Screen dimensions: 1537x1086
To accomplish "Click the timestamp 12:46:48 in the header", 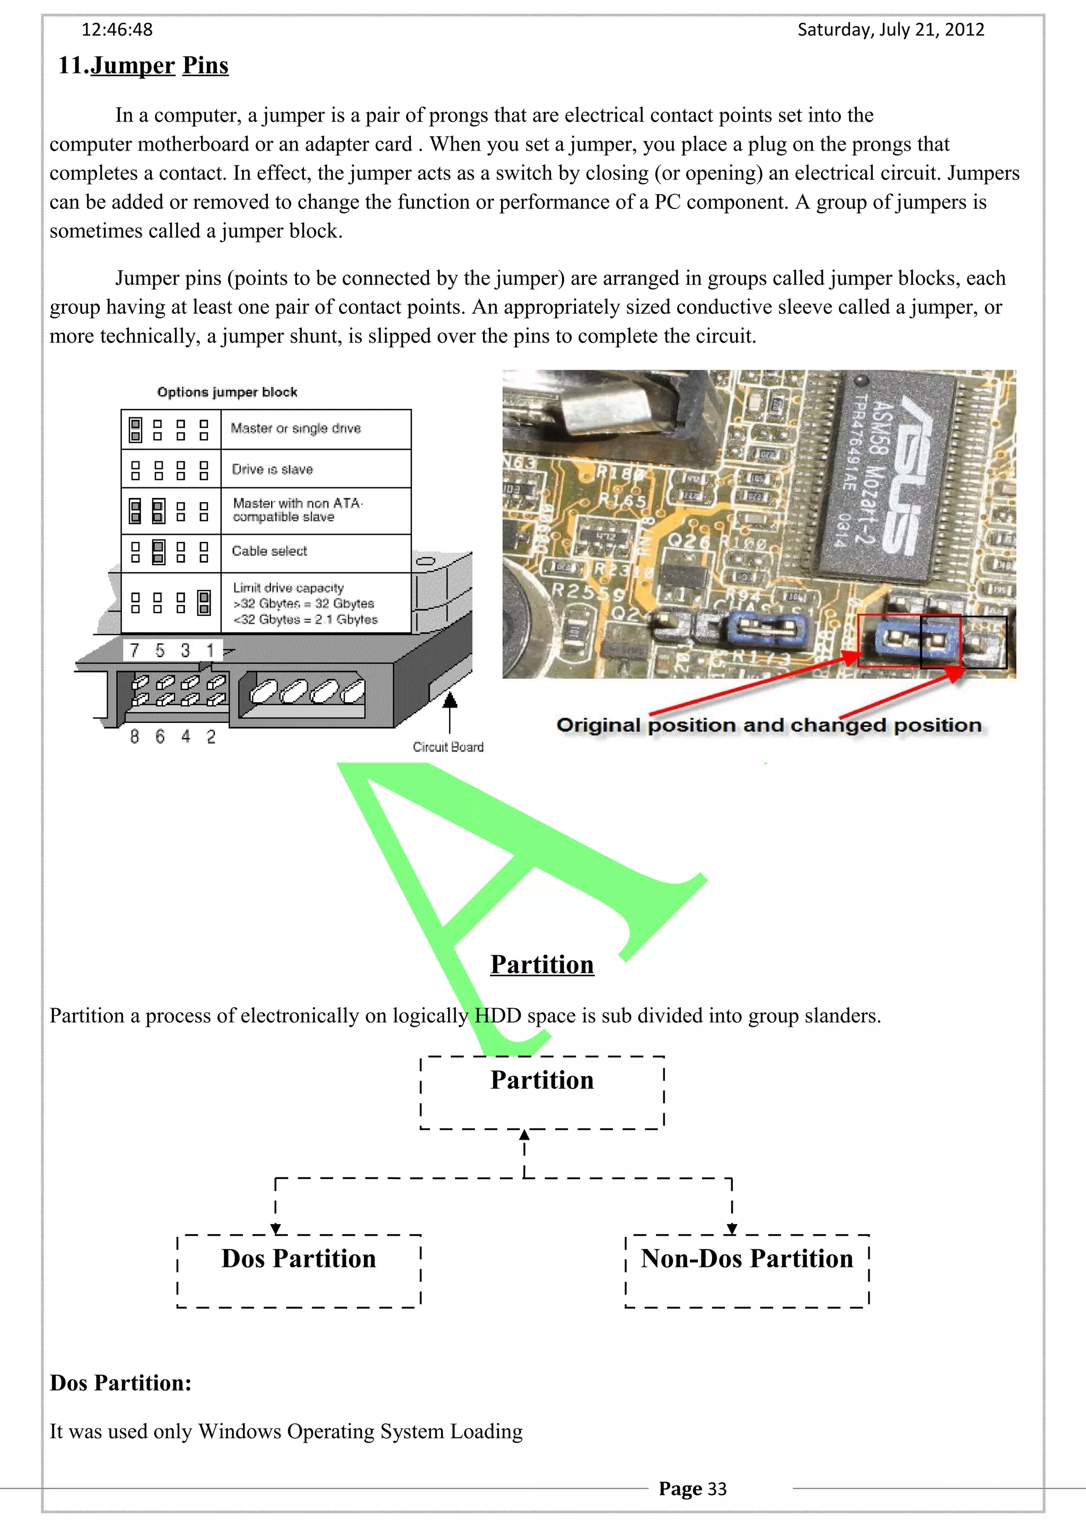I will [x=117, y=30].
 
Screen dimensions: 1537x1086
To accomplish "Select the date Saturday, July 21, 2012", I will [x=891, y=30].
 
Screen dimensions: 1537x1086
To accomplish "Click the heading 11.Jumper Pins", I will [x=143, y=66].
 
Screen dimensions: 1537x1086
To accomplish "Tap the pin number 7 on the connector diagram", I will [x=135, y=651].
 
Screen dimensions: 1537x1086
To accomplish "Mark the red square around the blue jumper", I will [x=890, y=641].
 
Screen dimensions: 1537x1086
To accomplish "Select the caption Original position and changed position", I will [x=769, y=725].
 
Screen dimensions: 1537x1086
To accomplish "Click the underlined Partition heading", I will [x=542, y=965].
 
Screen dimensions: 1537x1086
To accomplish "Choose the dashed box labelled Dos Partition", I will [x=299, y=1271].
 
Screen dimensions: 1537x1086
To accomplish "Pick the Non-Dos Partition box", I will [x=747, y=1271].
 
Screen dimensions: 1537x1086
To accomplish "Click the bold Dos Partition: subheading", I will [x=120, y=1382].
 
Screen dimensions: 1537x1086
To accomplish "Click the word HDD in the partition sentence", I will [x=498, y=1016].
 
